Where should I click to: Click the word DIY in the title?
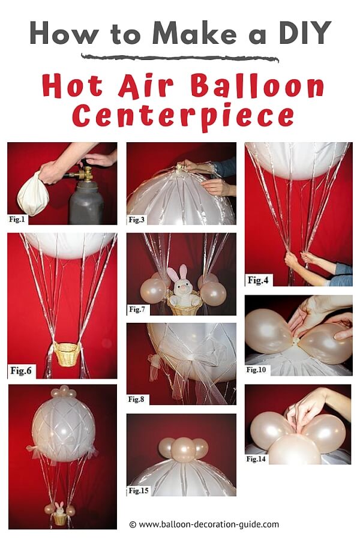(305, 33)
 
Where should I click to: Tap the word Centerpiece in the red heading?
(183, 116)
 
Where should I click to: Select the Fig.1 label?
(17, 219)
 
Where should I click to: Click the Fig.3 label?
(136, 220)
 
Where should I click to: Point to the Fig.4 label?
(258, 280)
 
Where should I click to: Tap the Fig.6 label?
(20, 371)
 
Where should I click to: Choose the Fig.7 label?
(137, 309)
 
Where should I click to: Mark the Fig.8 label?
(136, 399)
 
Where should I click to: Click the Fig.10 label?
(256, 370)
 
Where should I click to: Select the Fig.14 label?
(256, 459)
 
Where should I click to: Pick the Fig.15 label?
(139, 490)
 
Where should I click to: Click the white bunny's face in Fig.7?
(182, 285)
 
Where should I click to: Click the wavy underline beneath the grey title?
(180, 58)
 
